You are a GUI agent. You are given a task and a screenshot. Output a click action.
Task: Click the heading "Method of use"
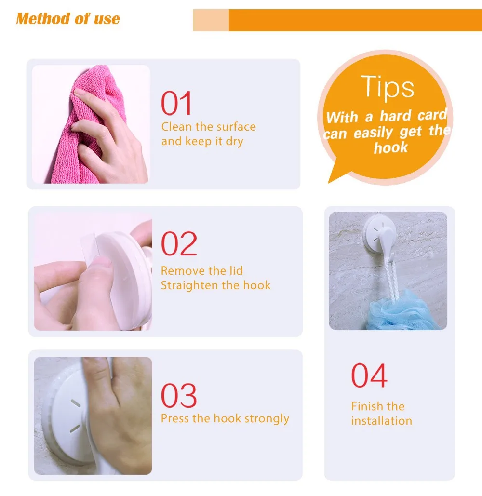click(x=68, y=19)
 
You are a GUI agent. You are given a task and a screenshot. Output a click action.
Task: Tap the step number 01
click(x=176, y=103)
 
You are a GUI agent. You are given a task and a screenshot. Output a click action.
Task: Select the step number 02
click(x=179, y=243)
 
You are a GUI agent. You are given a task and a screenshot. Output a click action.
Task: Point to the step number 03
click(x=179, y=395)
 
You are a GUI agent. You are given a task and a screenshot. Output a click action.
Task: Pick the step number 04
click(x=369, y=375)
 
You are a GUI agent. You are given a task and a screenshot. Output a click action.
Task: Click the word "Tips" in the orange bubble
click(x=388, y=87)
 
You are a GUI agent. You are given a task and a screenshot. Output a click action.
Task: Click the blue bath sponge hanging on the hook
click(x=403, y=311)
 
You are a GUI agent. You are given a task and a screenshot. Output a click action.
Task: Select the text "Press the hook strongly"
click(x=225, y=418)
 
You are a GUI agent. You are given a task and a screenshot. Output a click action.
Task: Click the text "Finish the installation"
click(x=381, y=414)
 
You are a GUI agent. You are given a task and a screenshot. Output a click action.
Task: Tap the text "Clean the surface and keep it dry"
click(x=208, y=134)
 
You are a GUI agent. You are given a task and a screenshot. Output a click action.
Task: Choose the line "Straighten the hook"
click(x=216, y=285)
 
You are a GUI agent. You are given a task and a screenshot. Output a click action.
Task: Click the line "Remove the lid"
click(x=202, y=271)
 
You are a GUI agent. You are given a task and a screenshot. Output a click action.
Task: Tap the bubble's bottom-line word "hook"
click(x=390, y=147)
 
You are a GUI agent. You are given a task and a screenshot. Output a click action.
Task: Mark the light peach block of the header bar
click(x=211, y=20)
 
